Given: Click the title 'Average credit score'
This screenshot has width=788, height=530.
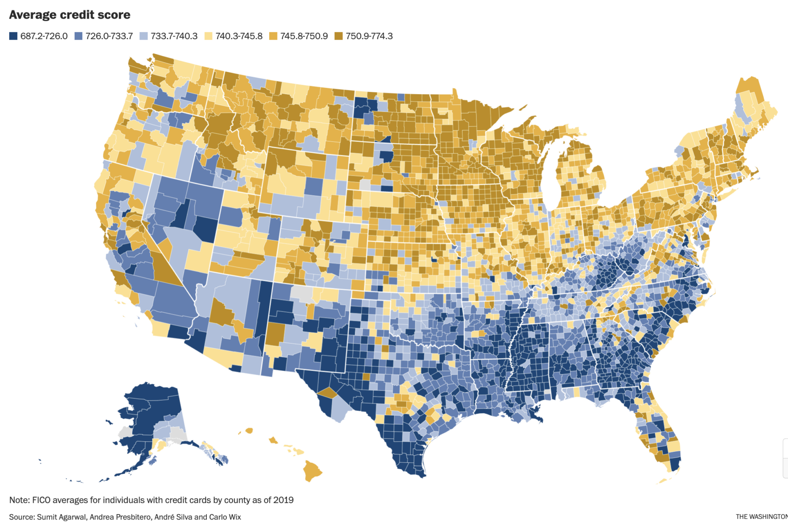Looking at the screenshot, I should pyautogui.click(x=69, y=15).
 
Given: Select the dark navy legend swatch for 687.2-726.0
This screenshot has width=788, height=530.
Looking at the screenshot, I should pyautogui.click(x=13, y=36).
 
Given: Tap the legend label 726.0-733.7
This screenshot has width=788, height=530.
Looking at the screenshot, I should pyautogui.click(x=109, y=36).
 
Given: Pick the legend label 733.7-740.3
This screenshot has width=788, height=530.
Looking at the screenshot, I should pyautogui.click(x=174, y=36).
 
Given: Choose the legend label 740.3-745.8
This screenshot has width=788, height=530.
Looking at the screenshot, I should pyautogui.click(x=239, y=36).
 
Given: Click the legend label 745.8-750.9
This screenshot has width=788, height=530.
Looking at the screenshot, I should pyautogui.click(x=304, y=36).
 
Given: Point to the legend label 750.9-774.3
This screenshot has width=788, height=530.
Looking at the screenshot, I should pyautogui.click(x=369, y=36).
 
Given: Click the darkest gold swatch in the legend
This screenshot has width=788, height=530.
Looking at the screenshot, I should pyautogui.click(x=339, y=36).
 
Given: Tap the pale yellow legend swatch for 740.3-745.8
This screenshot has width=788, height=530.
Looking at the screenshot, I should pyautogui.click(x=208, y=36).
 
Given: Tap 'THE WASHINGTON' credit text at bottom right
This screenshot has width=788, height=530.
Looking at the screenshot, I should pyautogui.click(x=761, y=517).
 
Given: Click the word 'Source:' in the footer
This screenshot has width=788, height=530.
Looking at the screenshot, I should pyautogui.click(x=22, y=517).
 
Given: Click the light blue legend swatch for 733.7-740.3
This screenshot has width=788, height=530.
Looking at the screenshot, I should pyautogui.click(x=144, y=36).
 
